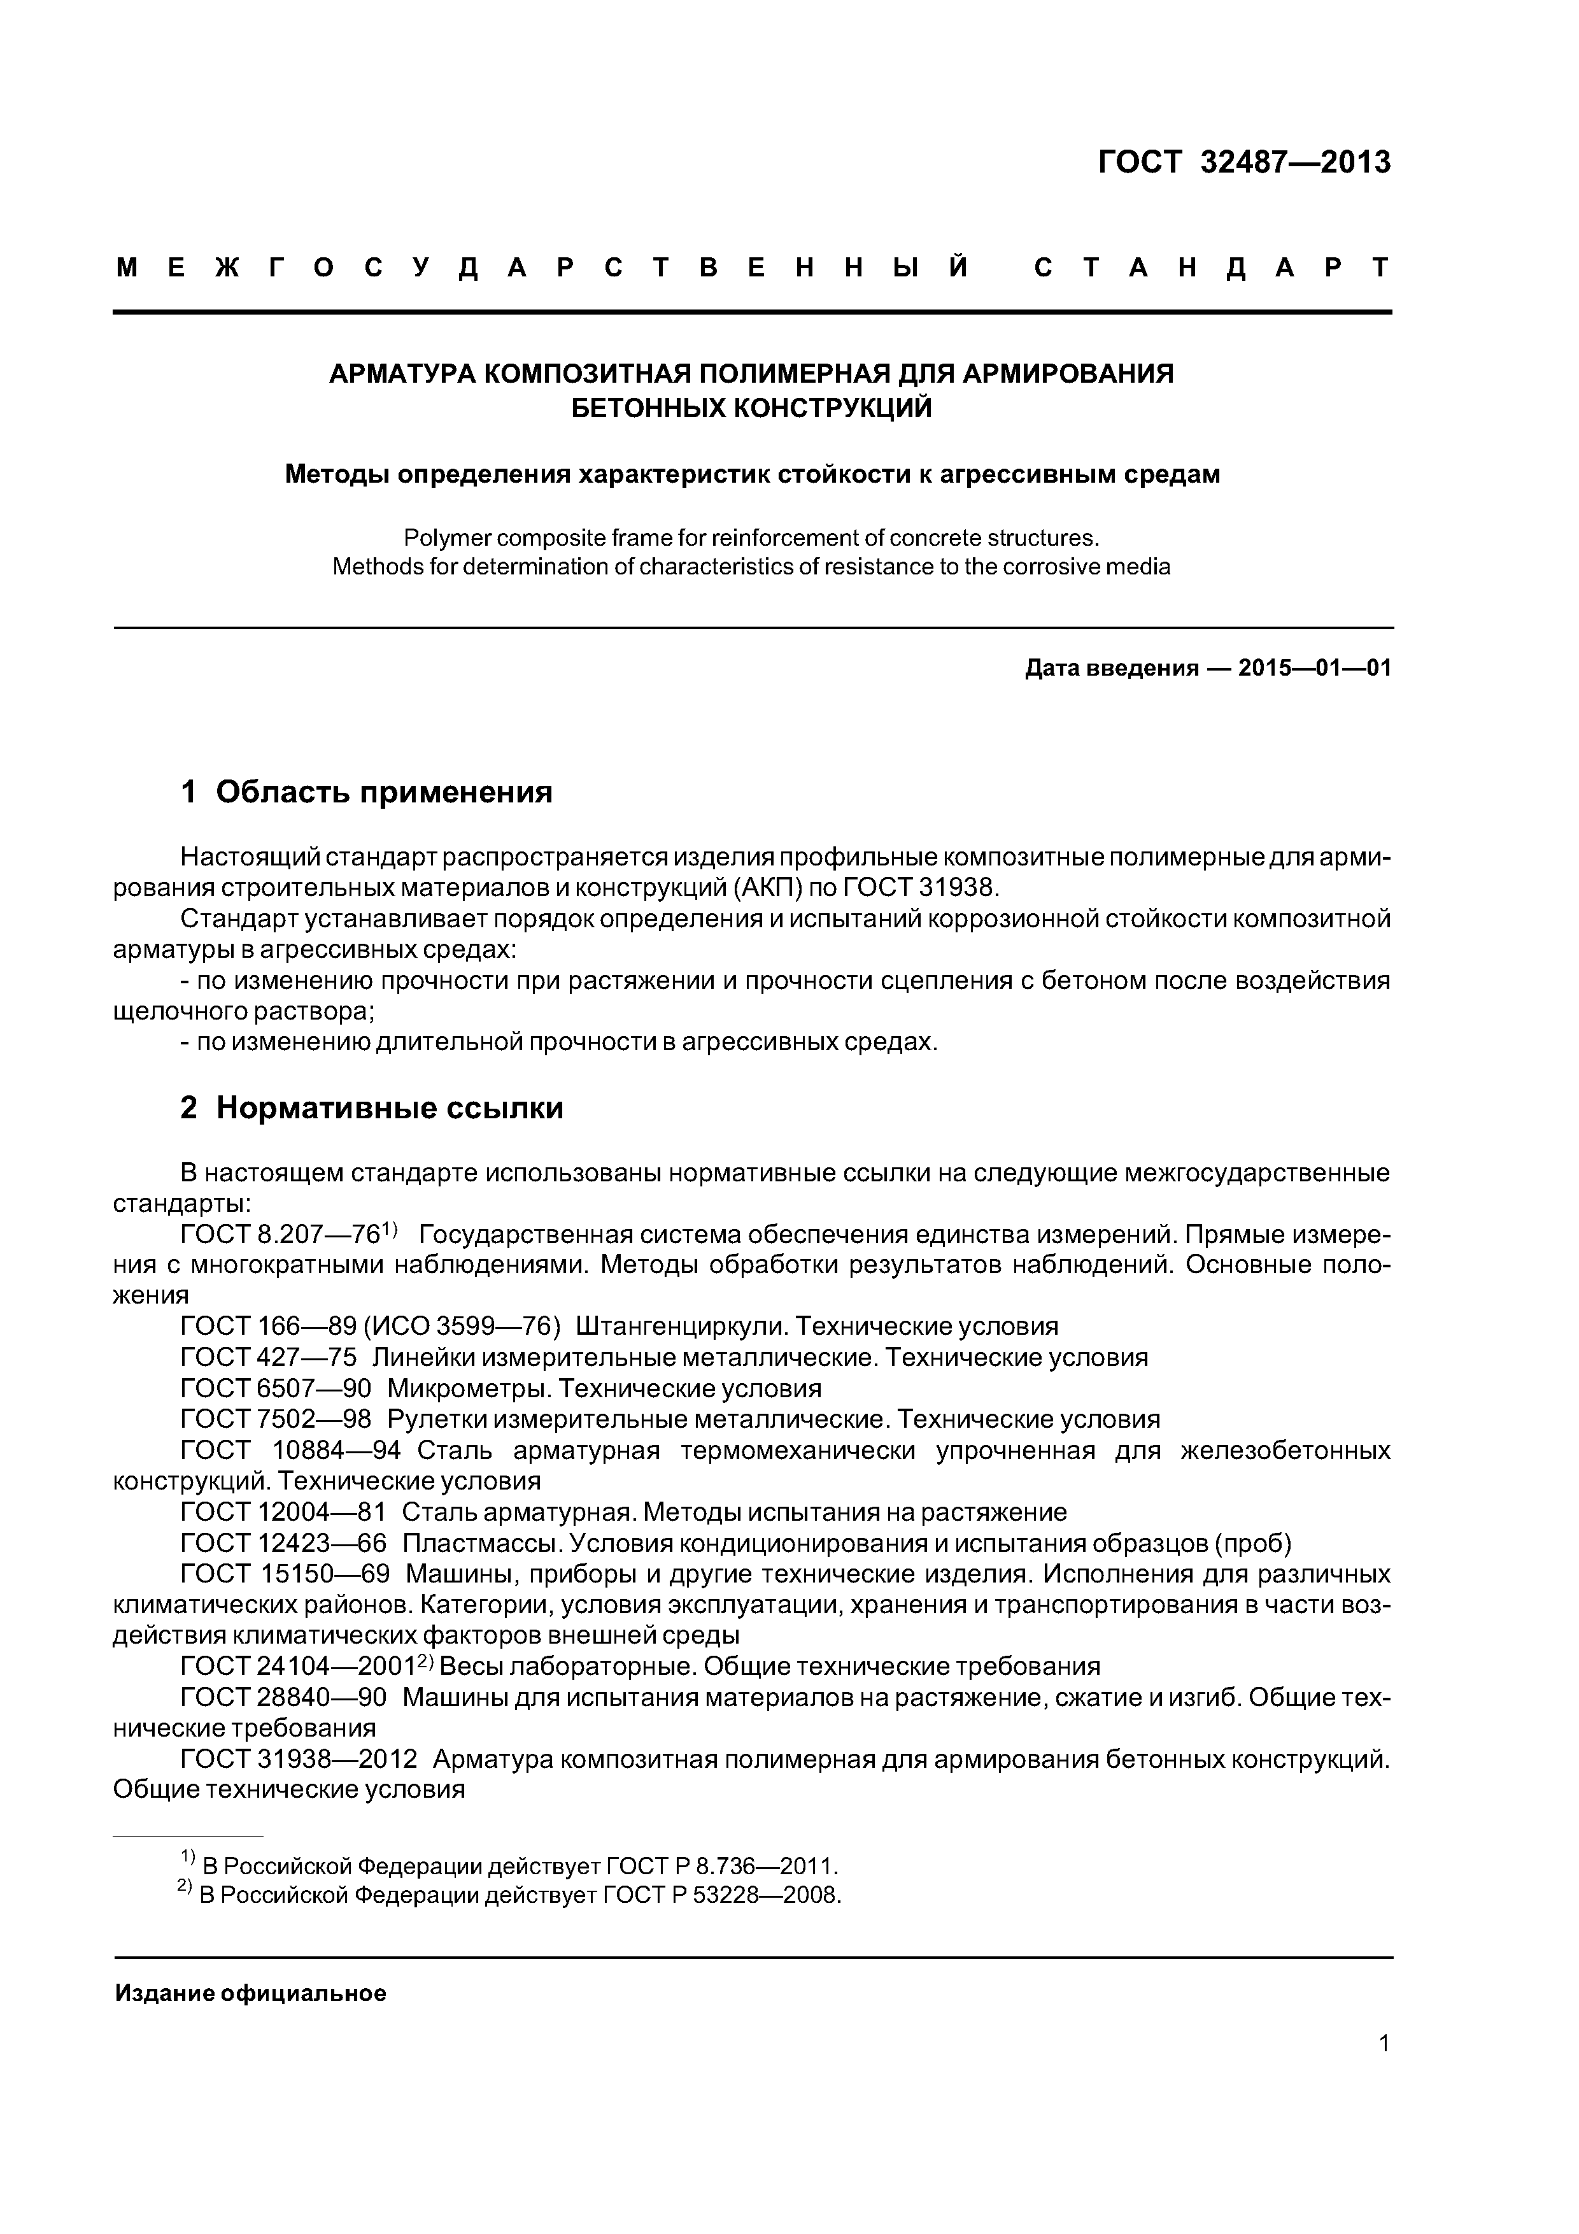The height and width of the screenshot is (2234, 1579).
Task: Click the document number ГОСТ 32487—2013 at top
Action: [1243, 162]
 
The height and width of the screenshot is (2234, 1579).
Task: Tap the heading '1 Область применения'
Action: [366, 792]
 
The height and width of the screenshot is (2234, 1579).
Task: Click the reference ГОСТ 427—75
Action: [269, 1357]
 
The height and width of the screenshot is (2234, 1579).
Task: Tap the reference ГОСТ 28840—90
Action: [283, 1698]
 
